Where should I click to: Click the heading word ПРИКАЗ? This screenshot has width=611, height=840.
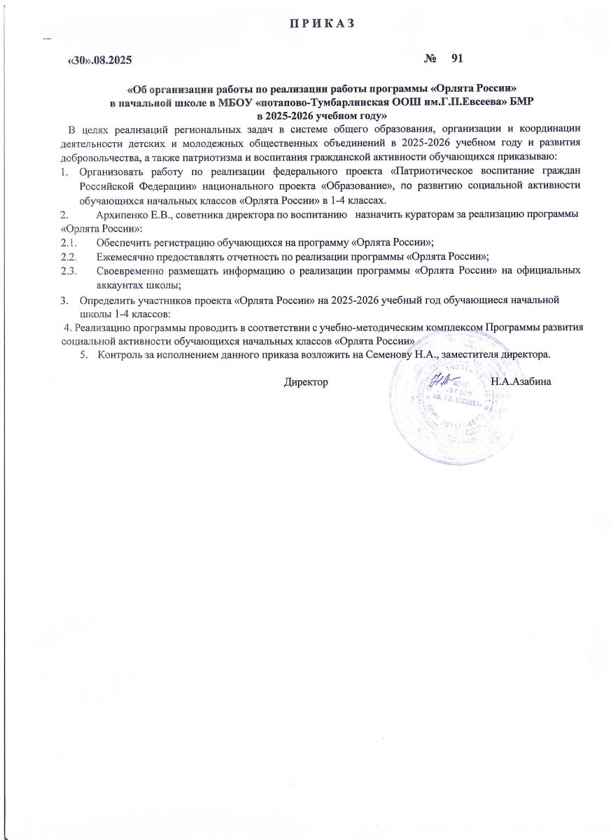323,24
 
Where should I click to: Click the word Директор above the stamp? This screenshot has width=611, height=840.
306,381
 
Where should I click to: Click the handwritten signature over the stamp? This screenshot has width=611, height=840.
439,383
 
